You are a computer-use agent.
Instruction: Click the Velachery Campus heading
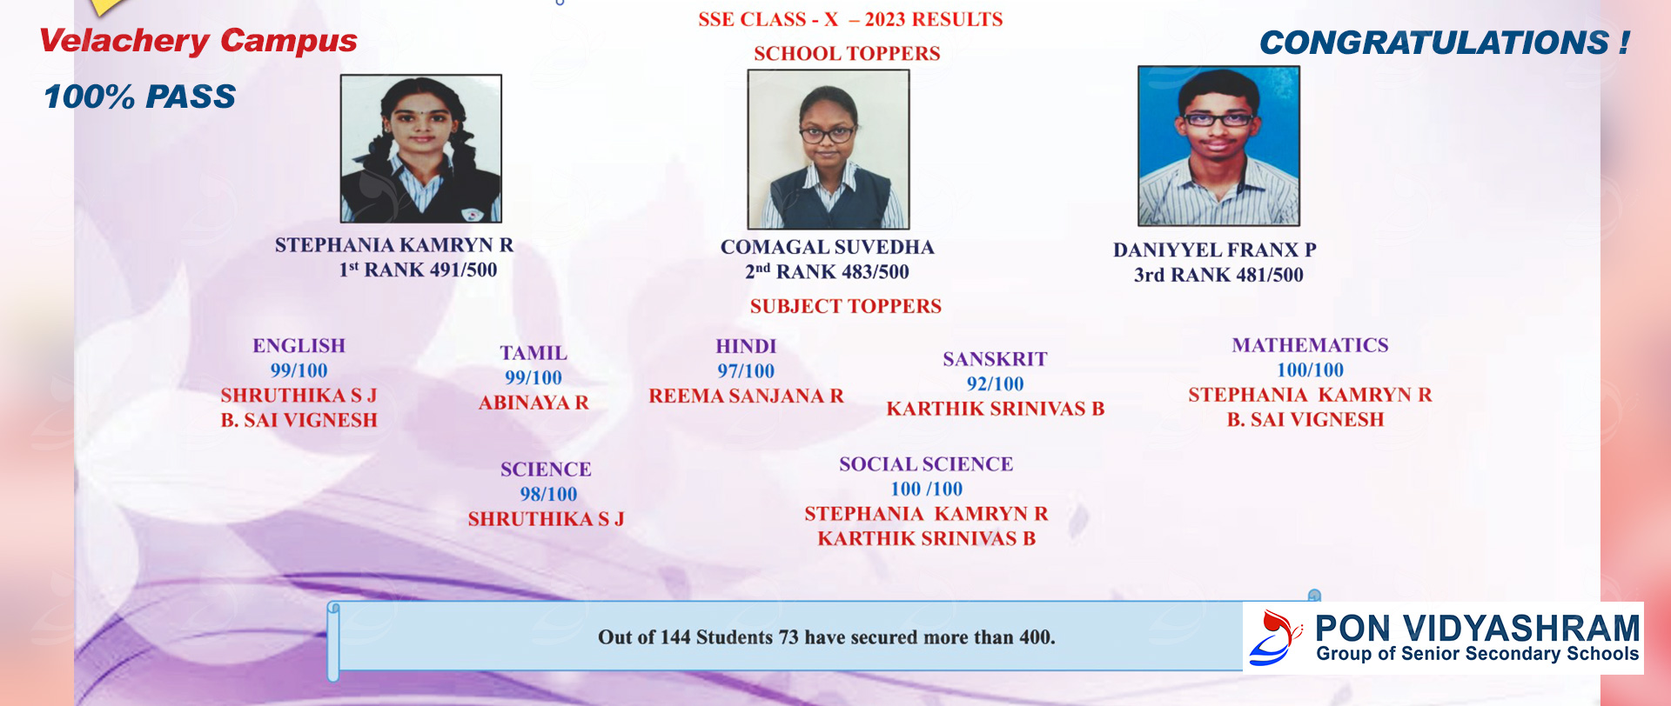(198, 41)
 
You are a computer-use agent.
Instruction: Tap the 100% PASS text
(139, 97)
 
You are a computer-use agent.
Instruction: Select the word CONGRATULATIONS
(1434, 43)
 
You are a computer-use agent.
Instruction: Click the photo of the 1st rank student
(421, 149)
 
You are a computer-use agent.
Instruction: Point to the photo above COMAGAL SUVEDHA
(829, 150)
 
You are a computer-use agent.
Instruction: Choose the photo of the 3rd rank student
(1218, 146)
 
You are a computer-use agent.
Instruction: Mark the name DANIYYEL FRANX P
(1215, 250)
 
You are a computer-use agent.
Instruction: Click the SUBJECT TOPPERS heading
(846, 306)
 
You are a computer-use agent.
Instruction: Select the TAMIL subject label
(534, 353)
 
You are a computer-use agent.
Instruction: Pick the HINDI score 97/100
(746, 371)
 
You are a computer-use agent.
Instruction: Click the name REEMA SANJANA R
(746, 396)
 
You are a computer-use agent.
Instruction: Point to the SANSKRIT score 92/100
(996, 384)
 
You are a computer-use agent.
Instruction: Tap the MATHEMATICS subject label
(1311, 345)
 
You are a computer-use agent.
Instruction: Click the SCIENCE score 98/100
(548, 495)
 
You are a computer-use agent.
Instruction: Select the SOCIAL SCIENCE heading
(926, 464)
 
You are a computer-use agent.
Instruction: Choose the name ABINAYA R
(534, 403)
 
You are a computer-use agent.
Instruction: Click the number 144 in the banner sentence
(675, 637)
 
